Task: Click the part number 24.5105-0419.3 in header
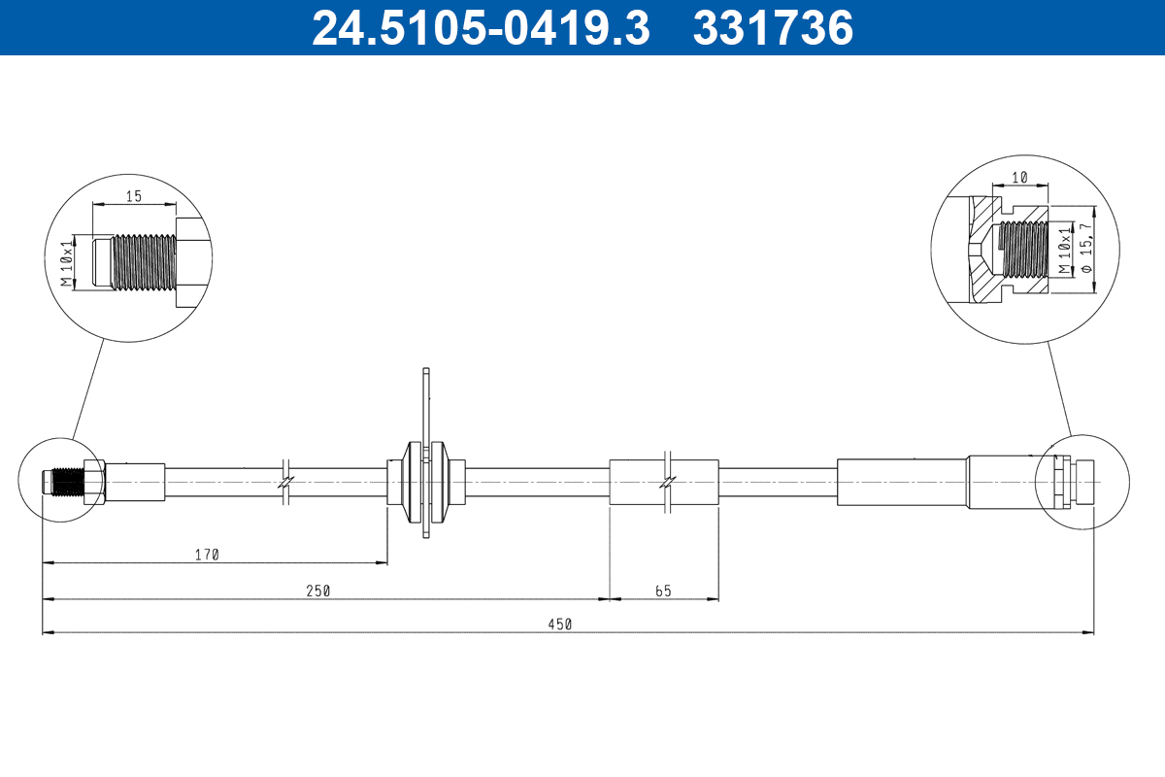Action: (x=480, y=28)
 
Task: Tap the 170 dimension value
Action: (x=207, y=555)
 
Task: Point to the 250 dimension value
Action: (x=318, y=591)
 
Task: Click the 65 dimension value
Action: (x=663, y=591)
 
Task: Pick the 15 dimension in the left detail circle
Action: (x=133, y=196)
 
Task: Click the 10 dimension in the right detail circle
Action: (x=1018, y=179)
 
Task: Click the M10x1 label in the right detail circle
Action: (x=1064, y=249)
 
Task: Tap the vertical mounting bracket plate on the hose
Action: (x=425, y=452)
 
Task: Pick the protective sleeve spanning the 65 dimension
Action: (x=663, y=482)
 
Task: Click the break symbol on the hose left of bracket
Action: (x=284, y=482)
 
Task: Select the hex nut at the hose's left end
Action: (x=94, y=482)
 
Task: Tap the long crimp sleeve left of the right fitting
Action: (x=901, y=482)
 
